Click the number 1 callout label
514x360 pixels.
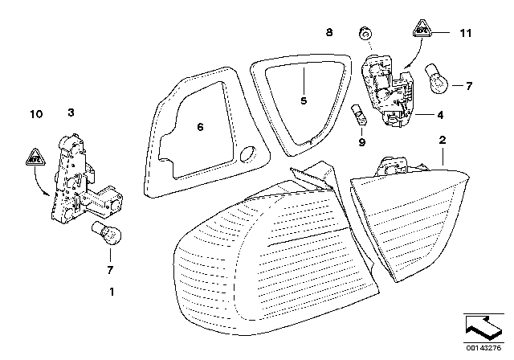coord(112,290)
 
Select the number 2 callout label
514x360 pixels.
coord(441,141)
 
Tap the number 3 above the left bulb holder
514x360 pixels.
coord(71,114)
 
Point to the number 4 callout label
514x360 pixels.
coord(440,115)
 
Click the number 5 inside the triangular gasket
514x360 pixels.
coord(304,101)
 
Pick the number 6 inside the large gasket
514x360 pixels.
coord(201,125)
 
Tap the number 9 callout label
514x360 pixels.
coord(361,142)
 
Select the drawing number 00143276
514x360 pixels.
coord(486,347)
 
